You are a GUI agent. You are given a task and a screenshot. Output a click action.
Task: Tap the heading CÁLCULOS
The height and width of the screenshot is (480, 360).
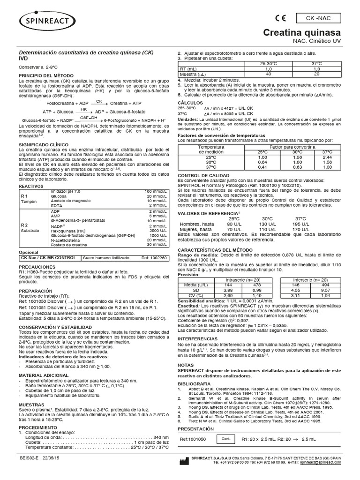coord(190,102)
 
